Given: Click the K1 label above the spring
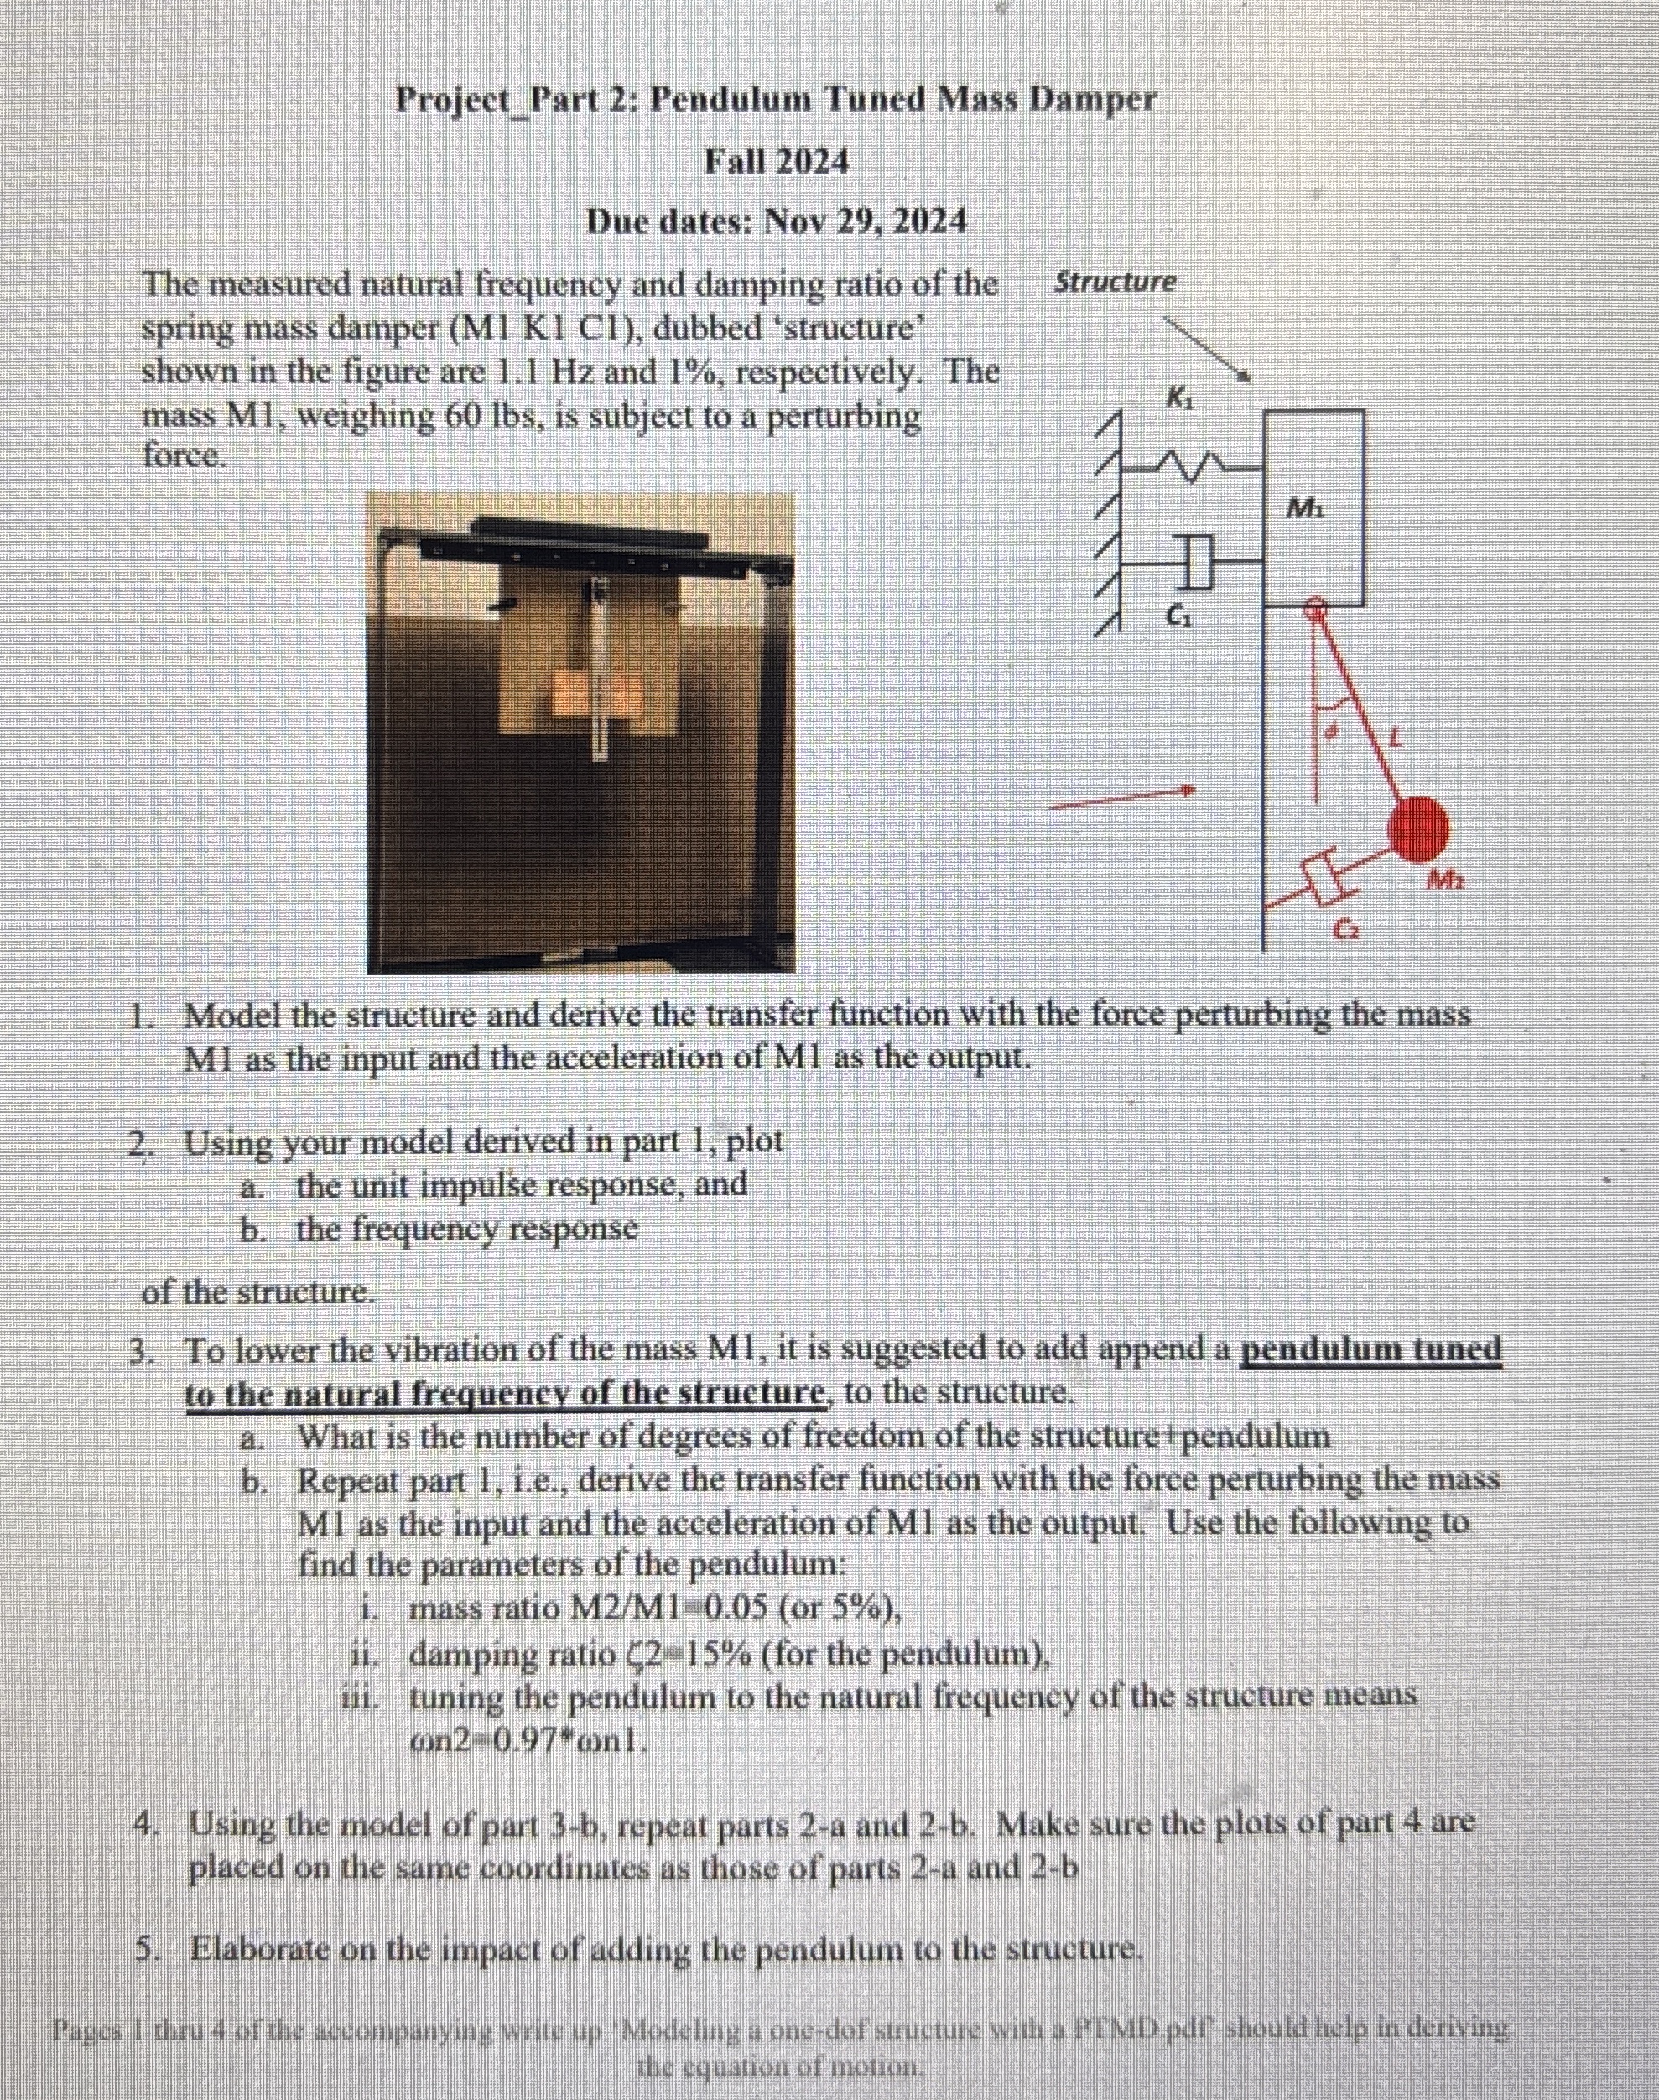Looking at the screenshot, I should click(1178, 398).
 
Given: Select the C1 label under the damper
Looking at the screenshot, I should click(1175, 615).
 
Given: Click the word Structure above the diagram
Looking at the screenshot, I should click(1115, 283).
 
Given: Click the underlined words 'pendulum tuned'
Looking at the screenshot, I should click(1371, 1349).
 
